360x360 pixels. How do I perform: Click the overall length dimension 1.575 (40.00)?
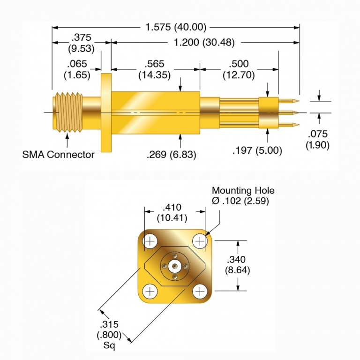[176, 28]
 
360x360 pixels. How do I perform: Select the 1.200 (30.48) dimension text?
[204, 43]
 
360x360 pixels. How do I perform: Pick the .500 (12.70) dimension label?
[239, 69]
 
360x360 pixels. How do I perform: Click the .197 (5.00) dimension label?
[257, 150]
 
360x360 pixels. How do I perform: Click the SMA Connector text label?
[59, 154]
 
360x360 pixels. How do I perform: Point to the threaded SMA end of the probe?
[68, 112]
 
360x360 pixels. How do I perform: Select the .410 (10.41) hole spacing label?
[174, 212]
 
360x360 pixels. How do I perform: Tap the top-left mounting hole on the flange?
[150, 241]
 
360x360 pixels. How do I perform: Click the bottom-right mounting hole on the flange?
[200, 291]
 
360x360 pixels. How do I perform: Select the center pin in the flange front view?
[175, 266]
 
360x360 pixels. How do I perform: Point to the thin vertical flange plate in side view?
[106, 112]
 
